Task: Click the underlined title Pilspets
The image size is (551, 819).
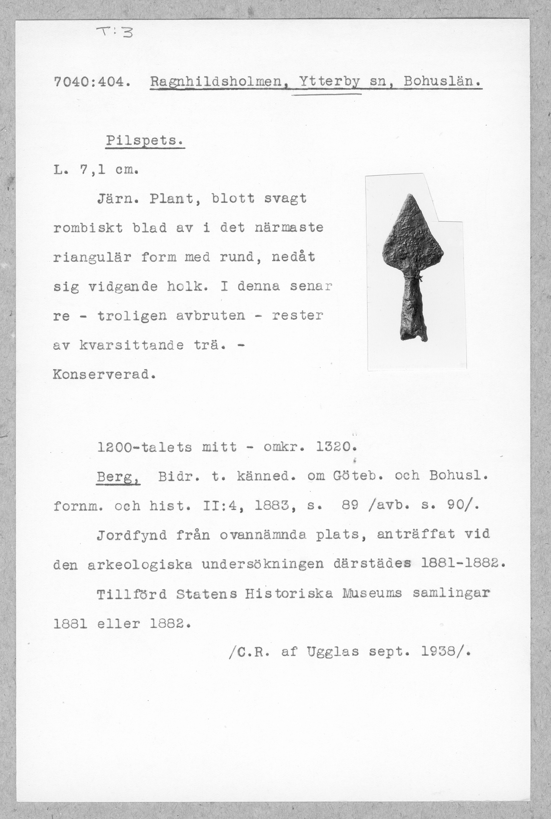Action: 145,141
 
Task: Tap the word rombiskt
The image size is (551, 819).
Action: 88,228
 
